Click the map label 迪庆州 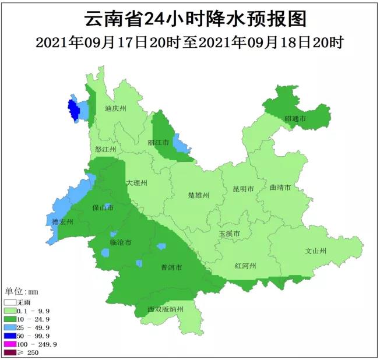[115, 108]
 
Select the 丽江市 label [158, 142]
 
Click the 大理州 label [137, 183]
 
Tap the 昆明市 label [243, 189]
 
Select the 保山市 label [103, 208]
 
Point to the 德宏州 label [62, 222]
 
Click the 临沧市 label [120, 242]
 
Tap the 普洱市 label [171, 267]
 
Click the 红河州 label [245, 266]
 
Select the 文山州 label [316, 251]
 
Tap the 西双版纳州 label [166, 309]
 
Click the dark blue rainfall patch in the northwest [73, 109]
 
